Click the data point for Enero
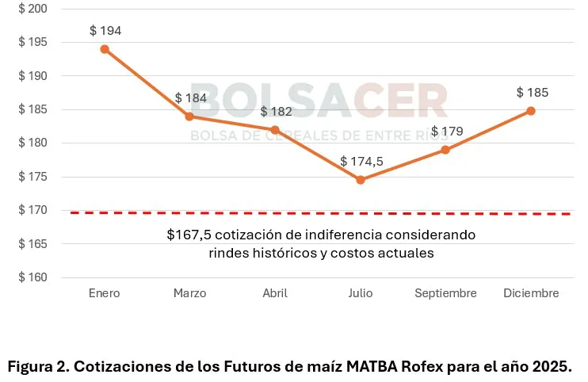point(105,49)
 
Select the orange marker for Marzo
point(189,117)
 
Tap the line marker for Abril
point(275,130)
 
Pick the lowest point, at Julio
point(361,180)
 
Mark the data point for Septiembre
point(445,150)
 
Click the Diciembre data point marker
point(531,111)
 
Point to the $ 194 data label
point(105,30)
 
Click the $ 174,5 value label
point(361,161)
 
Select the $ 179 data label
point(447,131)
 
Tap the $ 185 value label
point(533,92)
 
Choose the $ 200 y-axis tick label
point(32,9)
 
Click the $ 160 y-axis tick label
point(32,278)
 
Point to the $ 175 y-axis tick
point(32,177)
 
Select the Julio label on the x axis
point(360,293)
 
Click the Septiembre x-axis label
point(445,293)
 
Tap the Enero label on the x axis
point(105,293)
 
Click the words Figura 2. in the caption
point(36,367)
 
